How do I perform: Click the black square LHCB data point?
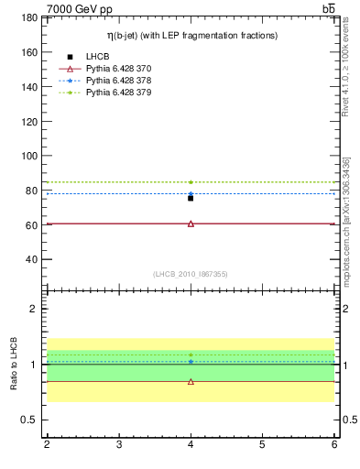(x=191, y=197)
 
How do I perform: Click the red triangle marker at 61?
(x=191, y=224)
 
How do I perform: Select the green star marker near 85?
(x=191, y=182)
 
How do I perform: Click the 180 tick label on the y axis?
(x=27, y=17)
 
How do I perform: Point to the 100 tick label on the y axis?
(x=27, y=156)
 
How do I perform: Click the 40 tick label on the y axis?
(x=30, y=259)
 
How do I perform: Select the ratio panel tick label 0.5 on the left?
(x=28, y=420)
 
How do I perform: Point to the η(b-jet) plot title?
(x=191, y=35)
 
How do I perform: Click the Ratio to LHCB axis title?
(x=14, y=364)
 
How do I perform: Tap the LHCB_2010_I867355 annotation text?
(x=191, y=274)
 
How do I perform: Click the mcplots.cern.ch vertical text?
(x=345, y=221)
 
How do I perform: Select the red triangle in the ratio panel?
(x=191, y=381)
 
